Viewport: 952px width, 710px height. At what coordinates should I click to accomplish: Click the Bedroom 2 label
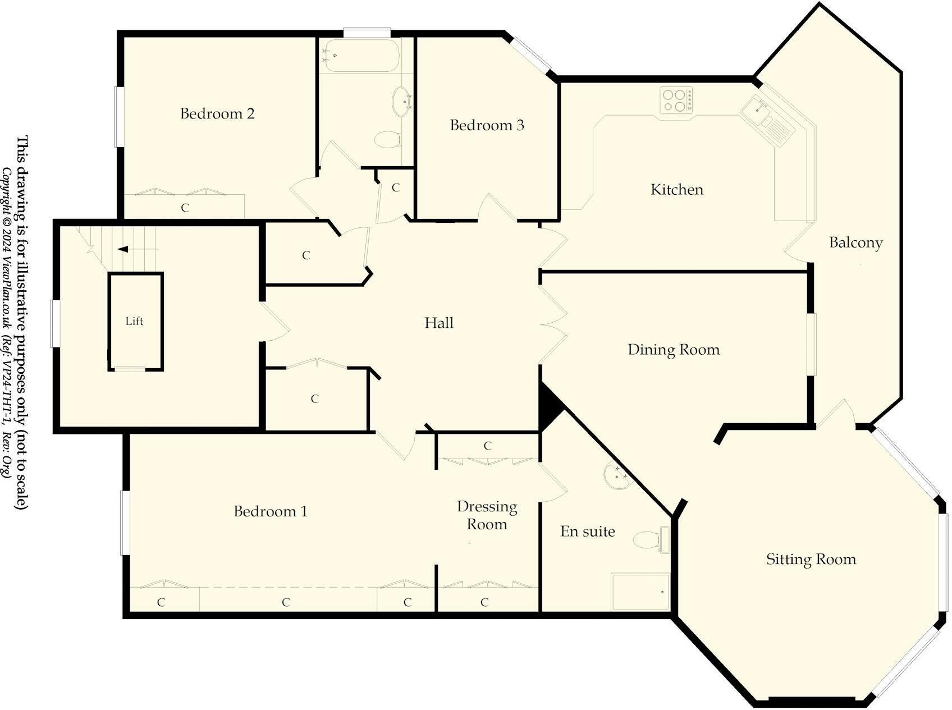pos(217,114)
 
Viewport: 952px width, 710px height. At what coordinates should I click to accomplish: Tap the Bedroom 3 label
pos(487,125)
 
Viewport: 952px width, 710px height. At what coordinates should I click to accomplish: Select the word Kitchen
pos(676,190)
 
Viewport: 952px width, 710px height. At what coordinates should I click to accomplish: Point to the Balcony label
pos(855,243)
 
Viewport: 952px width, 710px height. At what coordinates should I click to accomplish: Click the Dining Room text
pos(673,350)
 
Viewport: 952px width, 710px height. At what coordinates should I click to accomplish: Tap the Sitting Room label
pos(811,559)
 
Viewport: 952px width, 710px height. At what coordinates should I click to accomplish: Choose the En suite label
pos(587,532)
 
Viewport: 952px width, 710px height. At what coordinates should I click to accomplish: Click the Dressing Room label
pos(487,515)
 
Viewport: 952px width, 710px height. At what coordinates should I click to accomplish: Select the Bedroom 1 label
pos(271,511)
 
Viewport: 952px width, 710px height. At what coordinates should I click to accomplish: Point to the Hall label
pos(438,323)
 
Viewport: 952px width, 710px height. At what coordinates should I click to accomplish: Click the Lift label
pos(134,321)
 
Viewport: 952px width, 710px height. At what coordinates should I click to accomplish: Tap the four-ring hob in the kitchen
pos(676,100)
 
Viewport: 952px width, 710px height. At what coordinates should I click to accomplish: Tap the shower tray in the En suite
pos(640,592)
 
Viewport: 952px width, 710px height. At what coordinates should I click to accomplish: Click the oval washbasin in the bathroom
pos(401,101)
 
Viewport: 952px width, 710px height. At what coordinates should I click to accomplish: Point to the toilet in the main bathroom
pos(387,139)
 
